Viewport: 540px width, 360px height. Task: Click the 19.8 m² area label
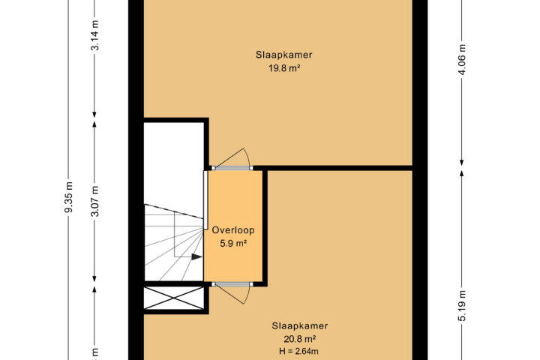283,68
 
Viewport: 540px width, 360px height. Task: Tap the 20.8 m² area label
300,339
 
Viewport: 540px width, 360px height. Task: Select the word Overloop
233,230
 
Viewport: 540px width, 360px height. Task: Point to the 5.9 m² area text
233,244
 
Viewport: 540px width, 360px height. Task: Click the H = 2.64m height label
299,352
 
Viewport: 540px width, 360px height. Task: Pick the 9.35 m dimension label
68,196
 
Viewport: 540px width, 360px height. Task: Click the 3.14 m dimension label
94,35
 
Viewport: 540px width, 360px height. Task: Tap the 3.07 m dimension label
94,201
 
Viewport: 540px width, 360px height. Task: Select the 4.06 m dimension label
462,59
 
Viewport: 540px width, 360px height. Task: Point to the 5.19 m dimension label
462,306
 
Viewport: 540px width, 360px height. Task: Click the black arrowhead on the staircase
196,256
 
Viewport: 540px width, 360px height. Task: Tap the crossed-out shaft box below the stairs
173,298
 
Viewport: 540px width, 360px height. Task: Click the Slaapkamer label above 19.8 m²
283,55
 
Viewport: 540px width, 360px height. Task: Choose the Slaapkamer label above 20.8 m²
300,325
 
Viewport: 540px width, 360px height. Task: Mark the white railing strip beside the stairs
205,199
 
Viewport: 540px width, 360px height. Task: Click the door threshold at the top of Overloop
232,168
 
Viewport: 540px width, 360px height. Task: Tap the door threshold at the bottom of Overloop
232,284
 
